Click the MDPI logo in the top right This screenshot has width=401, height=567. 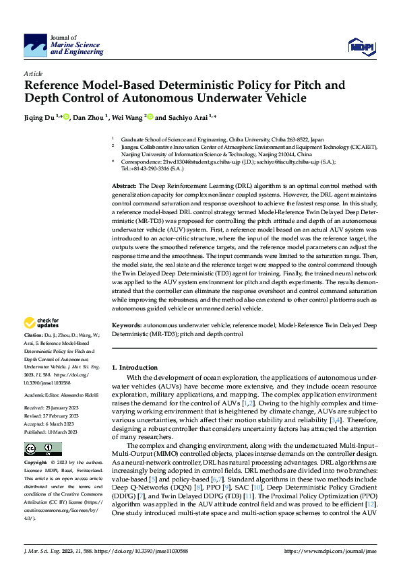(360, 45)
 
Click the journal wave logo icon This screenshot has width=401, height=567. (35, 46)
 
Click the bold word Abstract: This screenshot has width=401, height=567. (124, 185)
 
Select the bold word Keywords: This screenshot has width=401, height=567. (127, 325)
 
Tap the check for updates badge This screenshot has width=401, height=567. (42, 323)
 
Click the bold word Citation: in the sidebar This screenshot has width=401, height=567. (34, 334)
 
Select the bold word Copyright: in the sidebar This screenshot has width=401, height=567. (36, 444)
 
